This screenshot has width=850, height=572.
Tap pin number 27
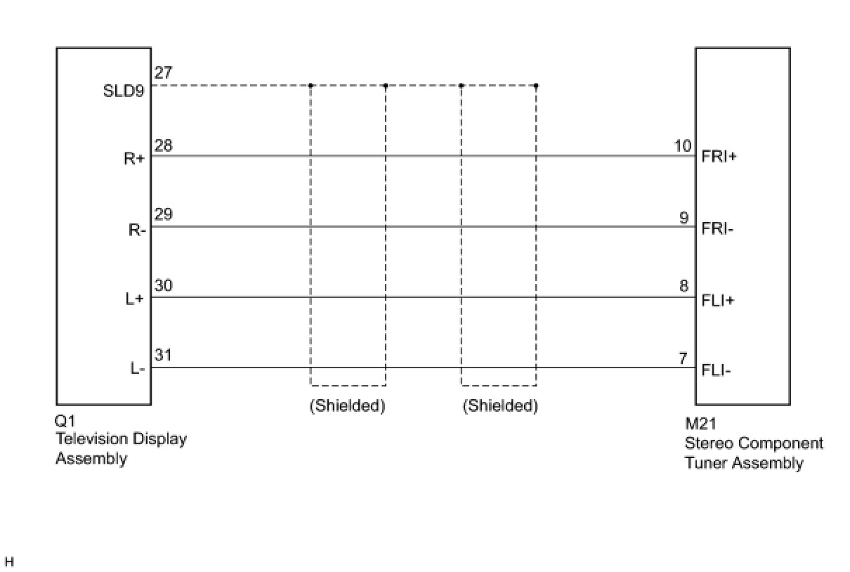point(163,73)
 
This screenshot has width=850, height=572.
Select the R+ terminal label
point(133,159)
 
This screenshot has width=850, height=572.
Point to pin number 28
point(163,145)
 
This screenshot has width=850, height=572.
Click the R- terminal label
point(136,230)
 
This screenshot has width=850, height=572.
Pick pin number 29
point(163,214)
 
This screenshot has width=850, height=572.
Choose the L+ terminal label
point(135,299)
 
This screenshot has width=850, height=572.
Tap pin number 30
point(163,286)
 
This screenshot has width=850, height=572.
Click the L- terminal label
point(137,369)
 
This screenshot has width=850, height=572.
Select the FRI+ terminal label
point(719,157)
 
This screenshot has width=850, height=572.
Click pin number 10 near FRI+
point(683,145)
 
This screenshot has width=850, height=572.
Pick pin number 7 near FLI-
point(683,358)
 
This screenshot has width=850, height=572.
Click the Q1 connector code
point(65,422)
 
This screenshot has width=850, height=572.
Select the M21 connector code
point(700,425)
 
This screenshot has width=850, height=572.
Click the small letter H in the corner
point(9,562)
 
